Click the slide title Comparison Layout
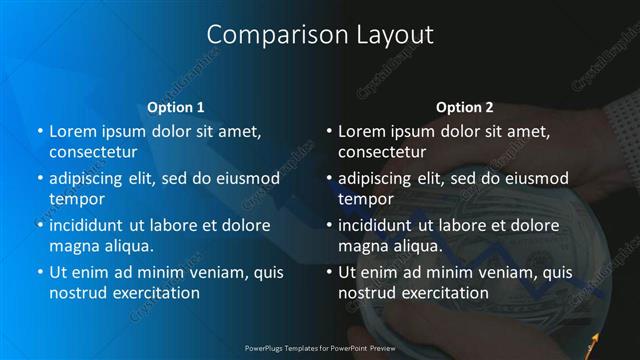(x=320, y=35)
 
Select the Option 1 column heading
(x=175, y=106)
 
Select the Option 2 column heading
(x=464, y=106)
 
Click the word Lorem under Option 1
(x=72, y=131)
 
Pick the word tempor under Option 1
(x=76, y=199)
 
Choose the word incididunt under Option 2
(x=378, y=225)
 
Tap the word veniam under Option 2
(x=506, y=272)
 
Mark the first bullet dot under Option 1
(x=39, y=132)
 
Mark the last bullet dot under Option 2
(x=328, y=273)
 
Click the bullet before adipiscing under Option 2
(x=328, y=179)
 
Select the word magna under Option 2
(x=362, y=246)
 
